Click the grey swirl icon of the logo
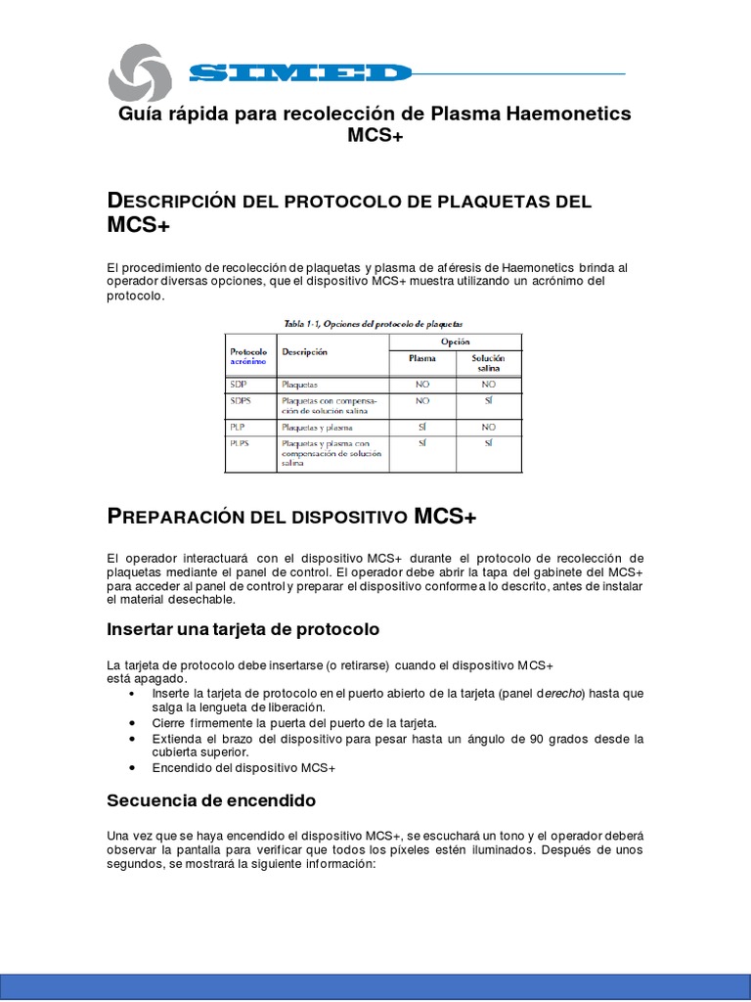click(x=139, y=73)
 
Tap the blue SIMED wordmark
click(x=300, y=73)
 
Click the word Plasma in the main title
click(x=466, y=114)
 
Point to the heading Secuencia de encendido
click(x=211, y=800)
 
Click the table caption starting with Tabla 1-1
click(x=373, y=322)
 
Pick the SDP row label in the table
click(x=241, y=385)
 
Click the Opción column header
click(x=455, y=342)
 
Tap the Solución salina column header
click(x=487, y=363)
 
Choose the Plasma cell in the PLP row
click(x=421, y=428)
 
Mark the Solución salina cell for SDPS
click(x=488, y=400)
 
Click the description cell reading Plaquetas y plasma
click(x=317, y=428)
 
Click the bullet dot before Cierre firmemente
click(x=132, y=723)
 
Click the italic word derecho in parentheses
click(x=562, y=693)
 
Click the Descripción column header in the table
click(x=304, y=351)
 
